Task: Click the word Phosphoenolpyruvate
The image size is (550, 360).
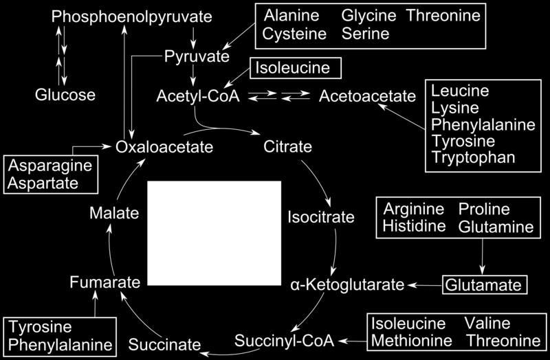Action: [131, 16]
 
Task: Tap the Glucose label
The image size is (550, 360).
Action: [65, 95]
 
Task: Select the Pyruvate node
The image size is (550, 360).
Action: [197, 57]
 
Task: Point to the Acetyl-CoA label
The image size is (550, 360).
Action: [198, 96]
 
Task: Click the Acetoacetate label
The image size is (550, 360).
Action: [367, 96]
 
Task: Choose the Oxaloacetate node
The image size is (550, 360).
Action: [164, 147]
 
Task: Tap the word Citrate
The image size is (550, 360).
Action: [287, 146]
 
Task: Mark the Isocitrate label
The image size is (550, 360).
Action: [321, 217]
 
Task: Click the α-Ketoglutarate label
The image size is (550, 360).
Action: [347, 284]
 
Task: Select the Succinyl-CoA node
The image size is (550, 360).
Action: [284, 341]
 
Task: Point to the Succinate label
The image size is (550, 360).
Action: [164, 345]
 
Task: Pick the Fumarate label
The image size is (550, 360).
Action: [105, 282]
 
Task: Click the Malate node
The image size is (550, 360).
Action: [114, 213]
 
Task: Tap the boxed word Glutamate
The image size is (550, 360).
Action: [485, 285]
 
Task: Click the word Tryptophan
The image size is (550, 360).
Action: [473, 158]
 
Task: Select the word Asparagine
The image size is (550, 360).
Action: [49, 166]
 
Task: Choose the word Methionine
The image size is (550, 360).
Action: [412, 341]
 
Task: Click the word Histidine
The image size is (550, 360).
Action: [414, 226]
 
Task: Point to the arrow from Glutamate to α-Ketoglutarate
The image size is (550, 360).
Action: [424, 285]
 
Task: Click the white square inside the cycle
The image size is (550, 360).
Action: [214, 233]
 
